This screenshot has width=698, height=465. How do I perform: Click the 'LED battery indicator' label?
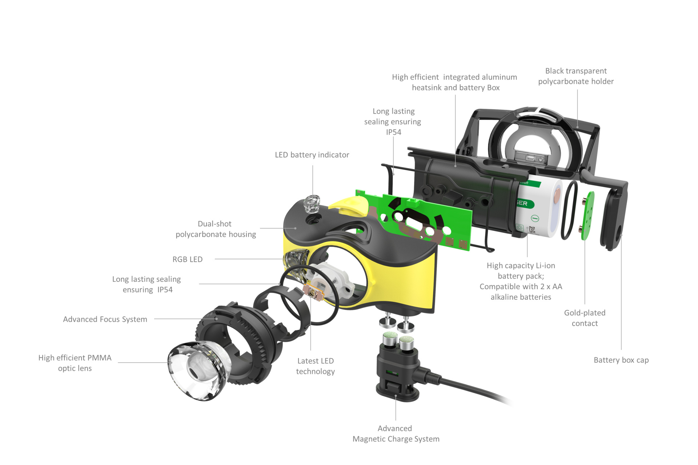312,155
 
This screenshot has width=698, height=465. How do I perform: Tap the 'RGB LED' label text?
187,259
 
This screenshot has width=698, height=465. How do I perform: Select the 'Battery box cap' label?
621,360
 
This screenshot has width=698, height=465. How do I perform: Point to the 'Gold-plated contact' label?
585,318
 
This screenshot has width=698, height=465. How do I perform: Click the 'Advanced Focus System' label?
105,319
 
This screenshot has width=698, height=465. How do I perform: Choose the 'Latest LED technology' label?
315,366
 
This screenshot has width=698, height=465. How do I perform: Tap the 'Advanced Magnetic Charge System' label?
396,434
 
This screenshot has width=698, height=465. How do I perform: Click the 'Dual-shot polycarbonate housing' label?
216,229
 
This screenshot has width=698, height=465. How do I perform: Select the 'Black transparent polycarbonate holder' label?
576,76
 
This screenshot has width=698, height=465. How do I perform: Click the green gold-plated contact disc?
588,216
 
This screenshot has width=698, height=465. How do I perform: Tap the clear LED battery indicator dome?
312,204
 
